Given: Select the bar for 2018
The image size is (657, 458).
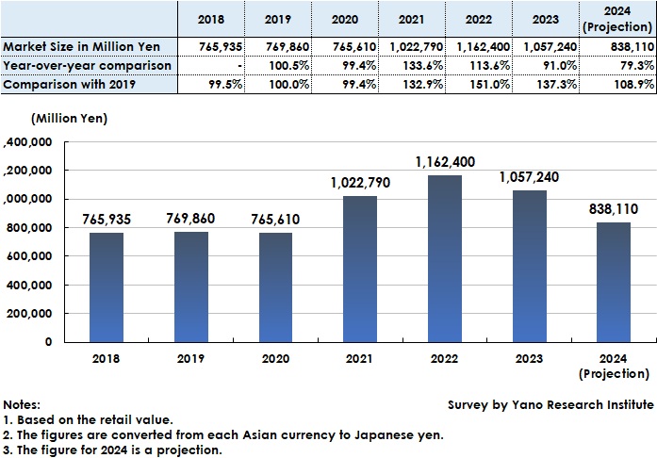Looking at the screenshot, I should coord(106,286).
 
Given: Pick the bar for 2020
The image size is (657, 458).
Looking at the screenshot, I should coord(275,286).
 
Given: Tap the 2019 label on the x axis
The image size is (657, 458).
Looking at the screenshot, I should coord(190,359).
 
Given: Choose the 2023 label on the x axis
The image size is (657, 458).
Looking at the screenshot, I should coord(531,359).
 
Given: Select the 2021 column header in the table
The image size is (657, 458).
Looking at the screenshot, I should coord(411,20).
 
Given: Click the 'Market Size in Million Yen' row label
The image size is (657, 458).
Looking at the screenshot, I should coord(81,46).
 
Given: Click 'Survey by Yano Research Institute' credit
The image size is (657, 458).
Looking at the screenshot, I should coord(550,404).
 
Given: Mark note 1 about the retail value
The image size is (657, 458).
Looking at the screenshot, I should coord(90,419).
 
